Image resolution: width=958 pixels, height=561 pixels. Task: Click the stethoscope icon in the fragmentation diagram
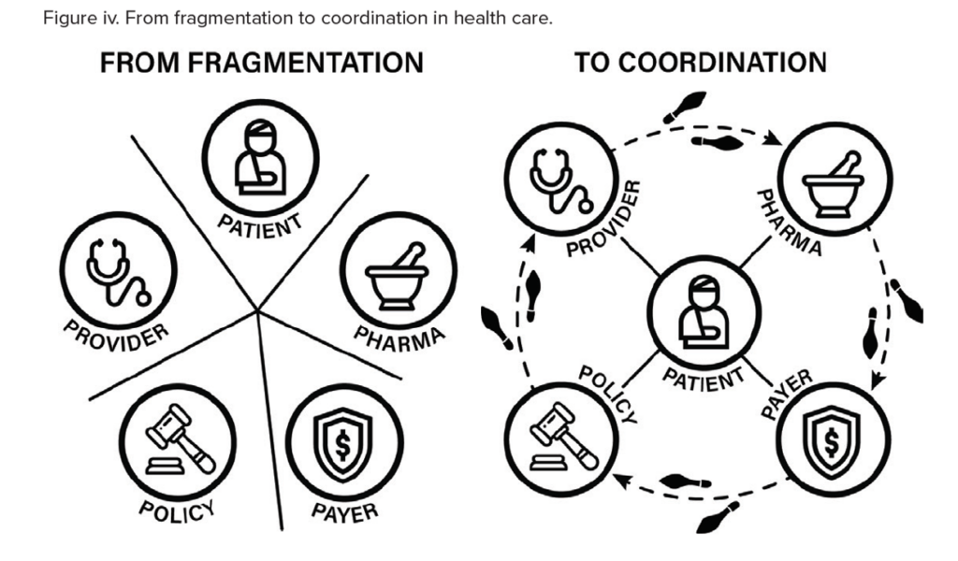coord(116,272)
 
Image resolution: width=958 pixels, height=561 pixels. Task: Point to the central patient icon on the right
coord(704,312)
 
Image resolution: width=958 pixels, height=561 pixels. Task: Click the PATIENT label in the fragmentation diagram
coord(260,226)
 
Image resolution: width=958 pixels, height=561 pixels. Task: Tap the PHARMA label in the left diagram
coord(399,338)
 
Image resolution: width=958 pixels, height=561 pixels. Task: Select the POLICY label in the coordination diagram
coord(608,395)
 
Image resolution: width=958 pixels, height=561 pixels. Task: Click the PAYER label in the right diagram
coord(787,394)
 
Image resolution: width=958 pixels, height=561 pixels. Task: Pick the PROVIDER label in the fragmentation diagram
coord(116,337)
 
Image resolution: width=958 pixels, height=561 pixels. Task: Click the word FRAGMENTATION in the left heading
coord(305,63)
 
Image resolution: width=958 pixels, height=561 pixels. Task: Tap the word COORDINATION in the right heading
coord(723,63)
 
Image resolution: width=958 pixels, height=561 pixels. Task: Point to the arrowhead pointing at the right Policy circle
coord(621,480)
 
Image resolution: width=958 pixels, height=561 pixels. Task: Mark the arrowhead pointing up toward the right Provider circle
coord(530,244)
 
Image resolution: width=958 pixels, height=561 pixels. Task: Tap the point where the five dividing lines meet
coord(258,310)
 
